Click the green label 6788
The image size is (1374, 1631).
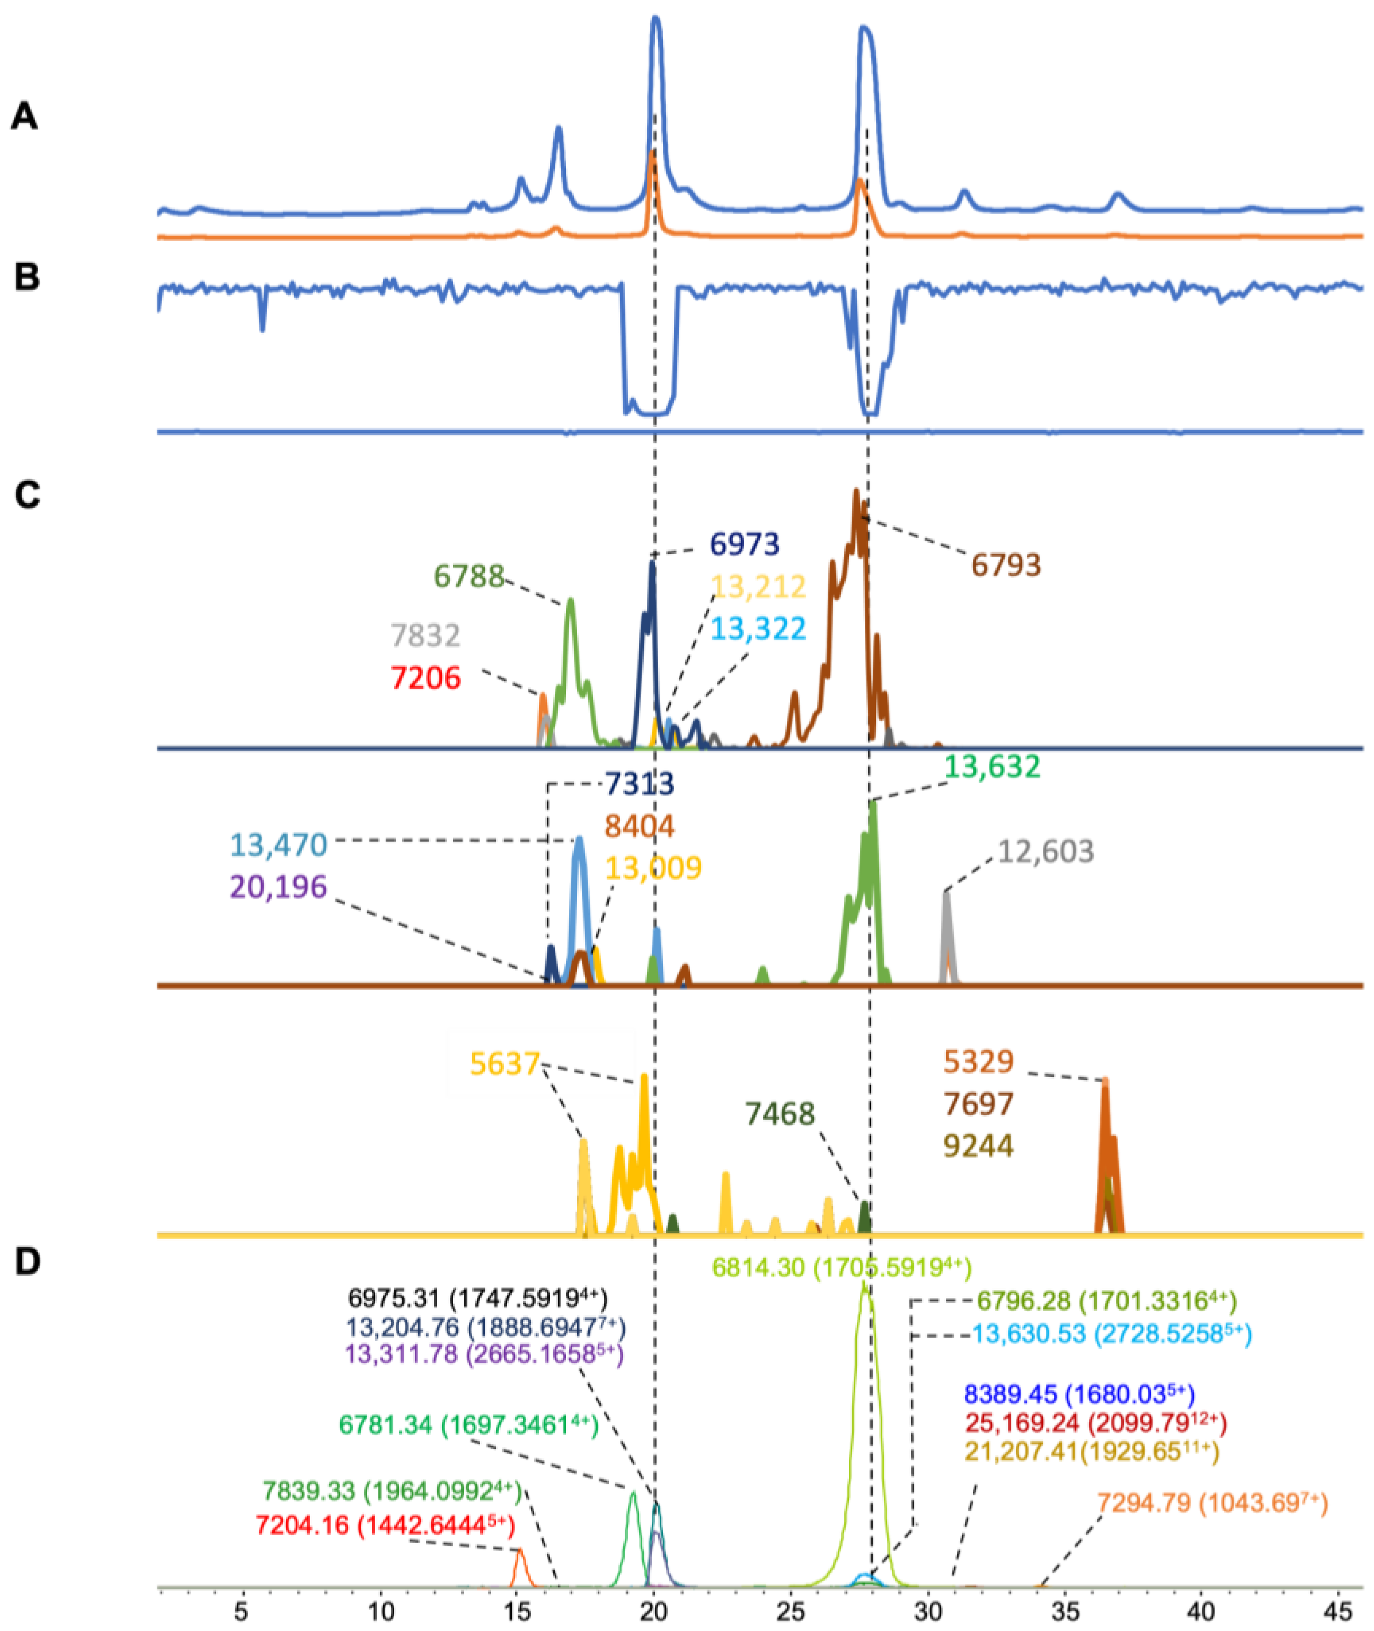click(469, 576)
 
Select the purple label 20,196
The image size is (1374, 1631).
click(278, 886)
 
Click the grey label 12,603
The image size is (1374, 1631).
click(1045, 852)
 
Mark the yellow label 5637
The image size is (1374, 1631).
click(505, 1063)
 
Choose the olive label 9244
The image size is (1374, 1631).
click(978, 1146)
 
